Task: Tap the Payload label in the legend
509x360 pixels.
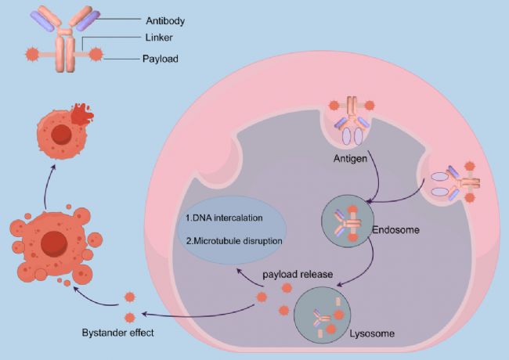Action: pyautogui.click(x=161, y=58)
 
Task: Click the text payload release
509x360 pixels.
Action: pyautogui.click(x=298, y=276)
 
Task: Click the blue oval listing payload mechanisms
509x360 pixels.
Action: pyautogui.click(x=232, y=228)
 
